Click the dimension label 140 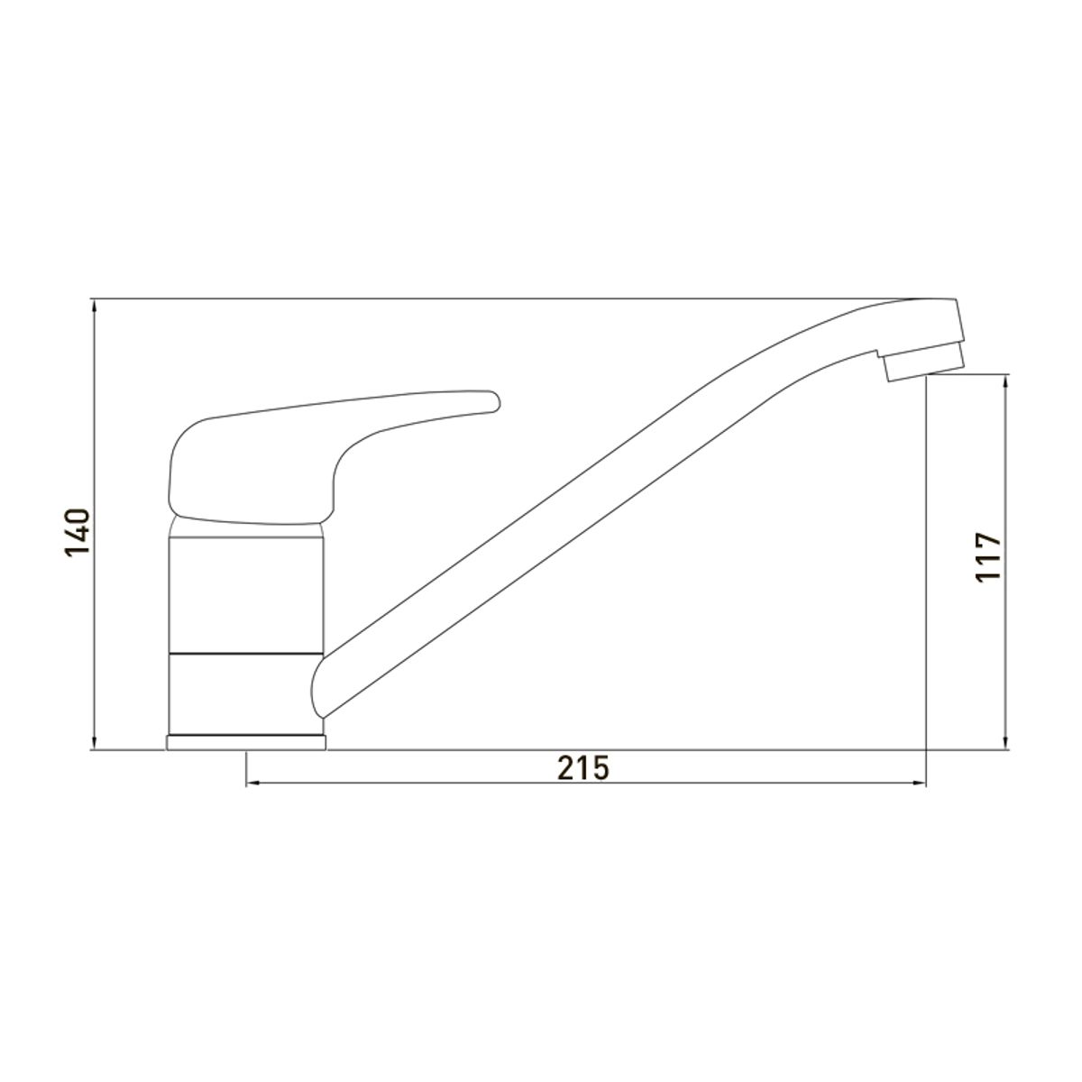pos(78,532)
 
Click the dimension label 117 pos(988,557)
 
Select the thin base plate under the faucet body pos(246,742)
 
